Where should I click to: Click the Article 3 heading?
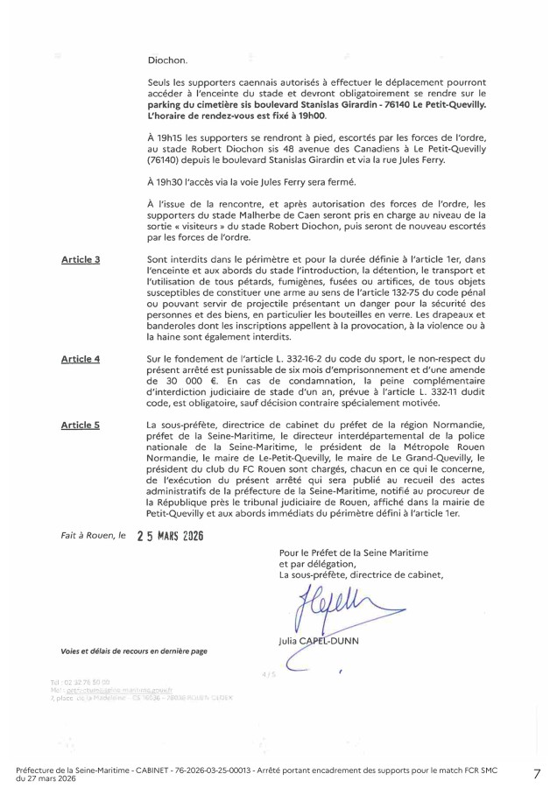point(80,260)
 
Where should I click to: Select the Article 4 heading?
point(80,359)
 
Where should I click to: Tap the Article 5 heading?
point(80,425)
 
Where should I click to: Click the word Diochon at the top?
point(167,60)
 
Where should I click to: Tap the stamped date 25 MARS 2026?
point(171,536)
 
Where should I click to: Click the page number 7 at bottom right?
point(536,773)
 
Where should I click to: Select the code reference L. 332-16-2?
point(295,359)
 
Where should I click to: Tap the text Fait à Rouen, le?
point(94,534)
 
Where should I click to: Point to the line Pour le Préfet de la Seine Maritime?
point(355,552)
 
